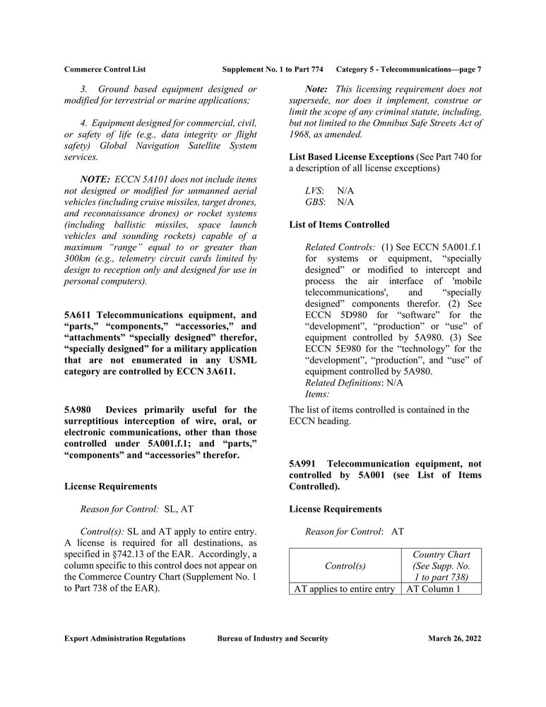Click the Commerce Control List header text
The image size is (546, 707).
tap(105, 69)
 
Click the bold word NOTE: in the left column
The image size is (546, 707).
tap(95, 180)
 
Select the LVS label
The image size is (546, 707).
tap(314, 191)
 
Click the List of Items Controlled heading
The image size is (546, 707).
tap(339, 225)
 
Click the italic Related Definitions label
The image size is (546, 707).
tap(342, 382)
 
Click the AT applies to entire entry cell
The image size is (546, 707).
tap(344, 588)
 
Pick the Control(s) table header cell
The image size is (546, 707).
tap(345, 566)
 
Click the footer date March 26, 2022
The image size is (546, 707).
tap(454, 638)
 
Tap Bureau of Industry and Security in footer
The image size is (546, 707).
tap(273, 638)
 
